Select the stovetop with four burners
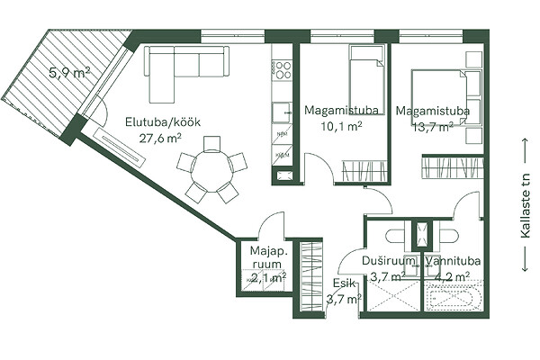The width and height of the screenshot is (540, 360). pos(282,70)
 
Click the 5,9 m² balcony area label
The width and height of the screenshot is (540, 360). pos(70,73)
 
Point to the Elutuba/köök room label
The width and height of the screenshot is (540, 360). pos(163,122)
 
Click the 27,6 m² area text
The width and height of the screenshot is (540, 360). pos(160,138)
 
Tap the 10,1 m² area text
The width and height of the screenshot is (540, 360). pos(341,126)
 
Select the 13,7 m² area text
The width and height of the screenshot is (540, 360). pos(433,127)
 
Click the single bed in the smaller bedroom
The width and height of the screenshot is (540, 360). pos(366,74)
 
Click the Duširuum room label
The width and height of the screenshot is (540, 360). pos(388,261)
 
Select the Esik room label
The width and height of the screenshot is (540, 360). pos(344,283)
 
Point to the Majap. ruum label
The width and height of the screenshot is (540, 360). pos(268,257)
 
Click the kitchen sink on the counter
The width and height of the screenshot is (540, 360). pos(282,112)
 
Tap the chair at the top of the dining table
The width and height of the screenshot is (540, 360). pos(211,144)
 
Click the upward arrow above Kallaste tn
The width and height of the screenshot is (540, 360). pos(525,151)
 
